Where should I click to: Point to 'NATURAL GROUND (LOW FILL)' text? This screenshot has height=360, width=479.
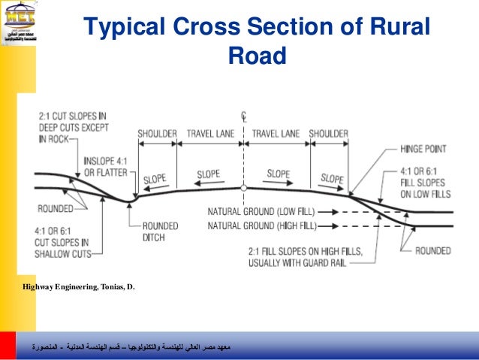coord(261,212)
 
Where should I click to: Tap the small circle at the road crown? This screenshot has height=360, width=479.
coord(244,189)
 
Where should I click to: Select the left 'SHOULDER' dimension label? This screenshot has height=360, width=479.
coord(157,134)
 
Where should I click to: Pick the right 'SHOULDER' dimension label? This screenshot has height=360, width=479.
coord(328,134)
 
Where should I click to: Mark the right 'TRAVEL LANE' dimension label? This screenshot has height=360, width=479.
coord(276,134)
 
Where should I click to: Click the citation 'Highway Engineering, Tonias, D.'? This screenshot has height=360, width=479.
coord(80,286)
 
